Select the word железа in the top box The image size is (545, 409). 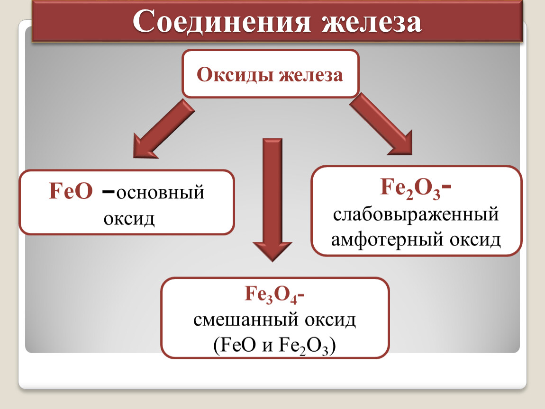pyautogui.click(x=311, y=75)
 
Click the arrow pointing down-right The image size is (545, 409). pyautogui.click(x=381, y=124)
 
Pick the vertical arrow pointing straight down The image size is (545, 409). pyautogui.click(x=272, y=200)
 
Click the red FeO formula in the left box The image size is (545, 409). pyautogui.click(x=71, y=191)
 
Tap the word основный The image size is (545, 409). pyautogui.click(x=160, y=193)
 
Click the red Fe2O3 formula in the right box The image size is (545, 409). pyautogui.click(x=410, y=188)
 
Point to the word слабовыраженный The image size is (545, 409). pyautogui.click(x=416, y=214)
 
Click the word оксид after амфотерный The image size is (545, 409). pyautogui.click(x=475, y=240)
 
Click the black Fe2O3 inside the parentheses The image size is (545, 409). pyautogui.click(x=303, y=347)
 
